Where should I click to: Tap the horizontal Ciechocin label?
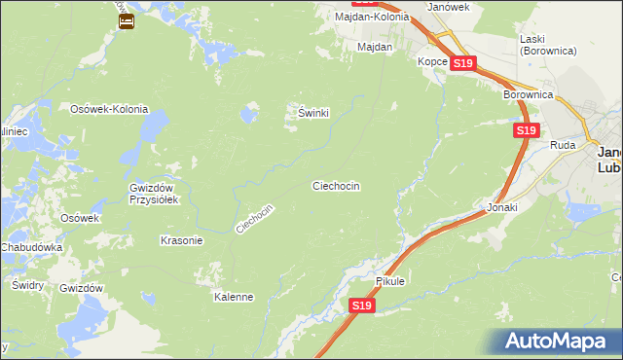tap(337, 185)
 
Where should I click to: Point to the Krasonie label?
tap(181, 240)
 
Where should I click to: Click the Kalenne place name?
tap(234, 297)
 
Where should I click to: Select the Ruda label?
tap(564, 144)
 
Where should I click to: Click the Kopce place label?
tap(432, 61)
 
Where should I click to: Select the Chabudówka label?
tap(32, 248)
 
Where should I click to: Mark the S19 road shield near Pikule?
tap(361, 306)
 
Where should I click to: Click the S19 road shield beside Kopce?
tap(463, 63)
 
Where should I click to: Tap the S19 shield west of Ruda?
tap(526, 129)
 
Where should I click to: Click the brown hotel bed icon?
tap(126, 19)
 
